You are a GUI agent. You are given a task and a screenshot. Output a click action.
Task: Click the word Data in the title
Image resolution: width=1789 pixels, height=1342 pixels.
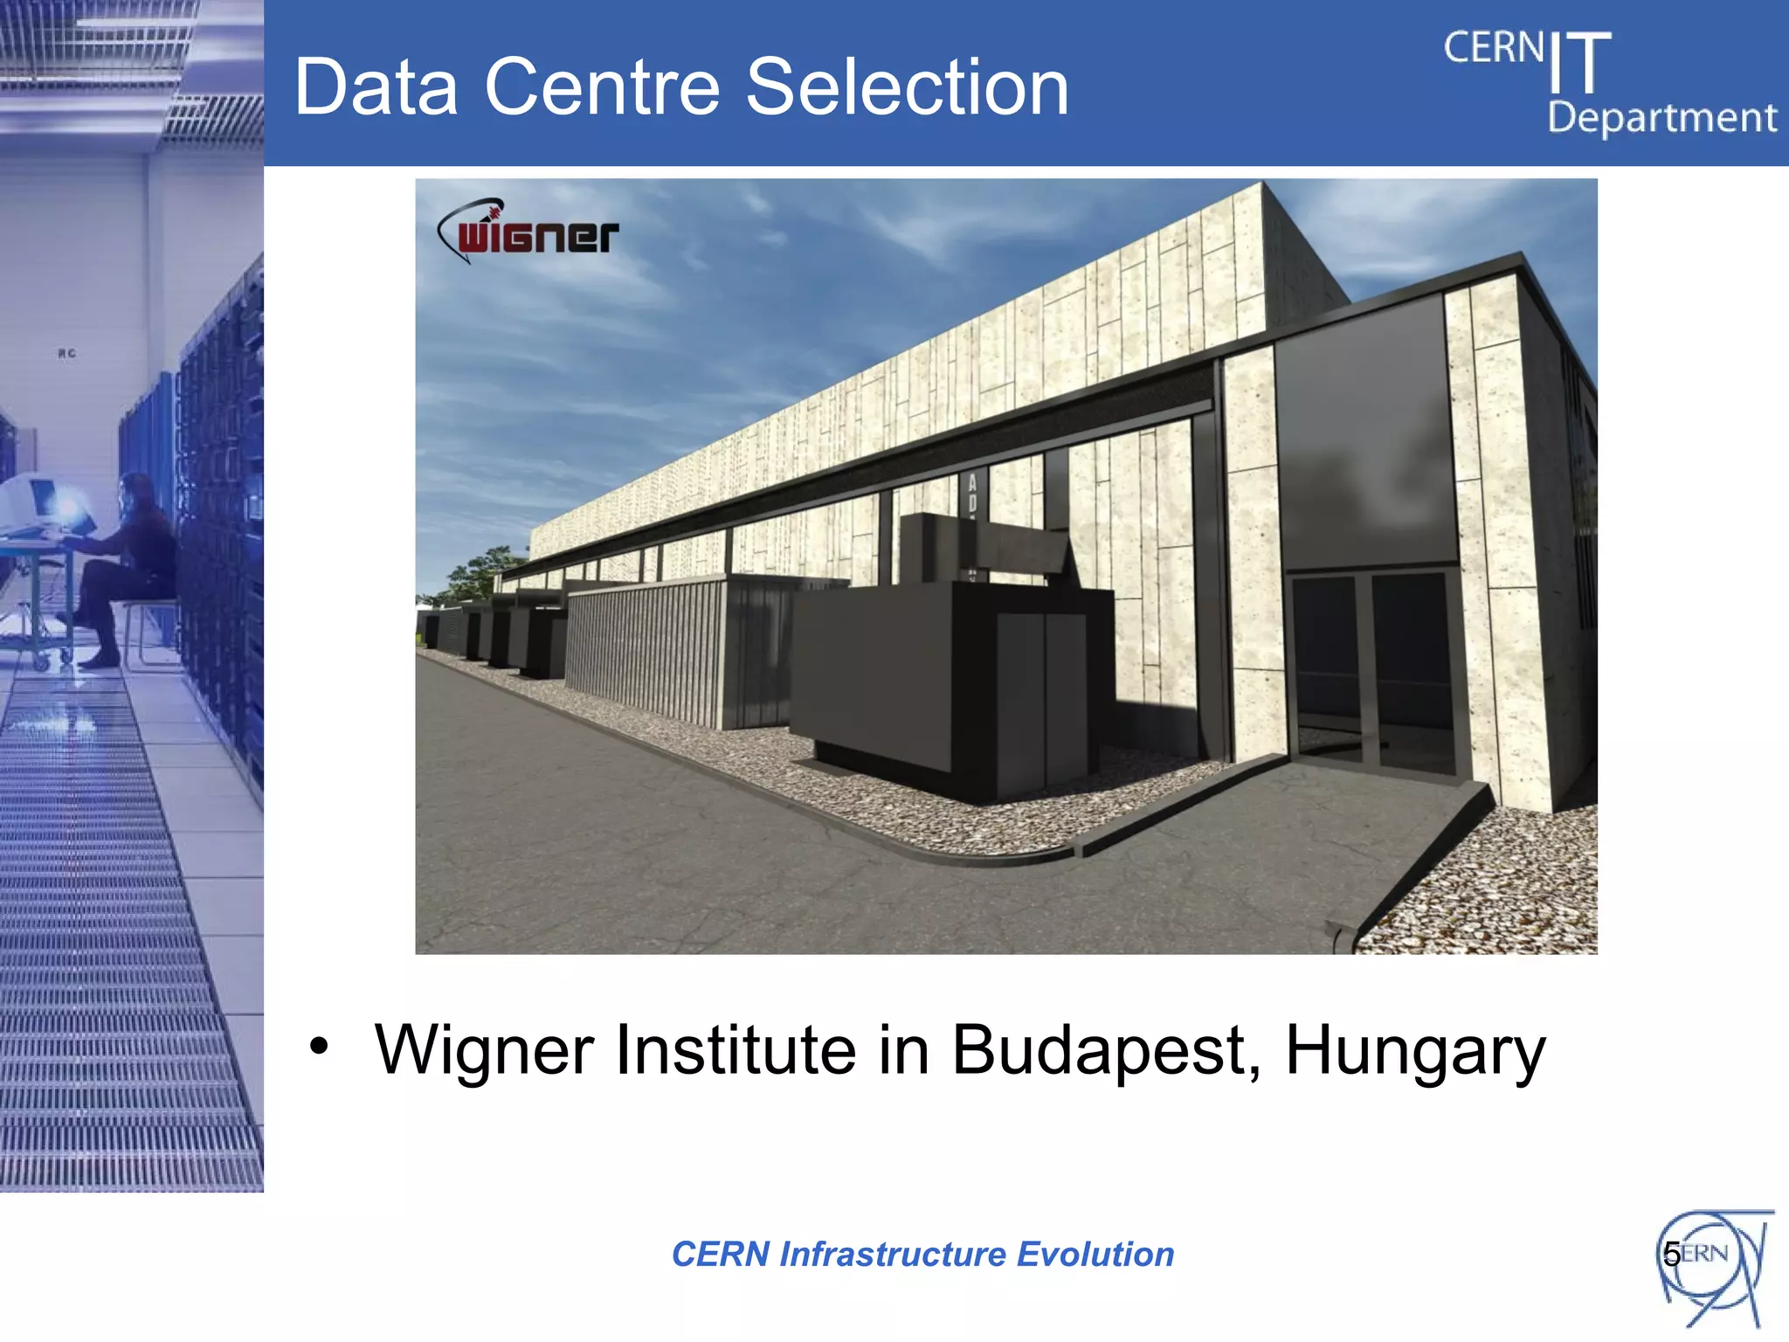click(376, 87)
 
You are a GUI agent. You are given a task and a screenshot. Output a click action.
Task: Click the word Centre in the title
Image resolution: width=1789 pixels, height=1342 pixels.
click(602, 87)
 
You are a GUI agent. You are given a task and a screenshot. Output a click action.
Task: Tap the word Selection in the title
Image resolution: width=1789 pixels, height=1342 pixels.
click(908, 87)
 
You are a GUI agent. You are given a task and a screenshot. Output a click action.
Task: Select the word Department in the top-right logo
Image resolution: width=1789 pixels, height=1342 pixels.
click(1661, 118)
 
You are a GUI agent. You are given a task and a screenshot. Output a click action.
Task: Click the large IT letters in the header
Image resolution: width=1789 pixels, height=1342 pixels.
click(1579, 63)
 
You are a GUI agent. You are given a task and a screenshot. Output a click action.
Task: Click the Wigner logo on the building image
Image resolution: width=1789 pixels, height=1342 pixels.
click(529, 232)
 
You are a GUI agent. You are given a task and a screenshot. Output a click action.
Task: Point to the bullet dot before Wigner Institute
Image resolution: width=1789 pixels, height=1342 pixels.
click(320, 1046)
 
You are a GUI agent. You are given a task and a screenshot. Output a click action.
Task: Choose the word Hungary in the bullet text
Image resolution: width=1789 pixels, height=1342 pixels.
click(1415, 1050)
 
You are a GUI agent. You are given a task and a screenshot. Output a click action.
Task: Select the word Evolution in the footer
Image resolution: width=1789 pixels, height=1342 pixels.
click(1095, 1255)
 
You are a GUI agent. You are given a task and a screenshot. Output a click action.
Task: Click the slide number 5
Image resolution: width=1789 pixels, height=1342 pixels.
click(1671, 1255)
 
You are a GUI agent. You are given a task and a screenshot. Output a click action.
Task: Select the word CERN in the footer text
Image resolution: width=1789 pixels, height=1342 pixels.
click(720, 1255)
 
